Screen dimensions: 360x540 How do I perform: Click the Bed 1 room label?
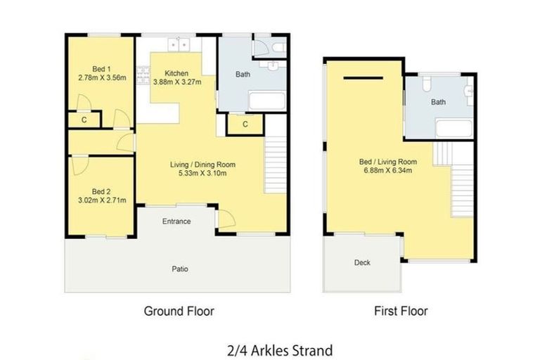(101, 69)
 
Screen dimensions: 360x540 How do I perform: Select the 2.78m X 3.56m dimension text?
(101, 77)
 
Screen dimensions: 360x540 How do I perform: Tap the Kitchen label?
(176, 73)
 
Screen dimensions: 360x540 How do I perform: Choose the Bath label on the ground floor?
(243, 74)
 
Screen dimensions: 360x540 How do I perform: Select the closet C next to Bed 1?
(84, 120)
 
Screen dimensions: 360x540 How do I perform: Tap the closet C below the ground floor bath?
(244, 124)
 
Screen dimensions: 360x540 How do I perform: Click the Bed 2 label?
(101, 191)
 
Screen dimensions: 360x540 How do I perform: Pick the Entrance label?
(176, 221)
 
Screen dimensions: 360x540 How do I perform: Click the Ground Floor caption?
(179, 310)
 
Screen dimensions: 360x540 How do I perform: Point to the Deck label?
(362, 262)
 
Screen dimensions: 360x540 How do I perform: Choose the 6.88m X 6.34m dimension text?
(388, 169)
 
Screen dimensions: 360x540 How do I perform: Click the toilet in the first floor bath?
(427, 86)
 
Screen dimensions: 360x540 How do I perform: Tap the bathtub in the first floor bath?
(455, 128)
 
